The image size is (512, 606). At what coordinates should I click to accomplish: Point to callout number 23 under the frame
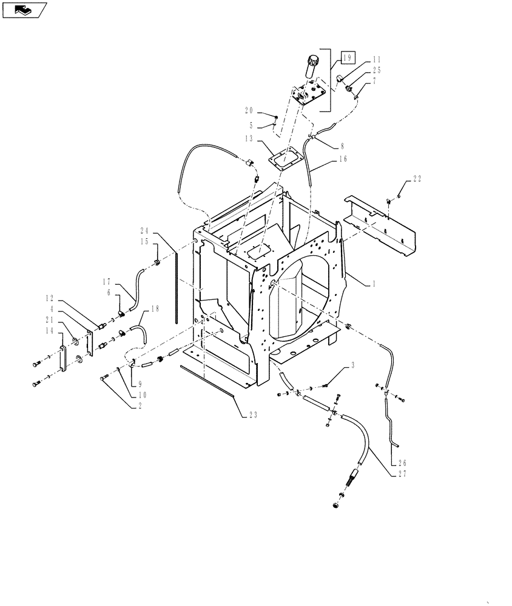coord(252,415)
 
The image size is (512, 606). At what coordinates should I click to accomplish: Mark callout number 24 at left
coord(145,231)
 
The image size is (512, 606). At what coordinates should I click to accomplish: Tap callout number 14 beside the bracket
coord(48,330)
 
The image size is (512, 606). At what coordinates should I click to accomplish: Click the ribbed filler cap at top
coord(315,62)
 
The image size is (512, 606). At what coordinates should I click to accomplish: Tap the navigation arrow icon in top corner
coord(24,9)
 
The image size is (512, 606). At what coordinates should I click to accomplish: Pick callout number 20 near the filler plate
coord(249,110)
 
